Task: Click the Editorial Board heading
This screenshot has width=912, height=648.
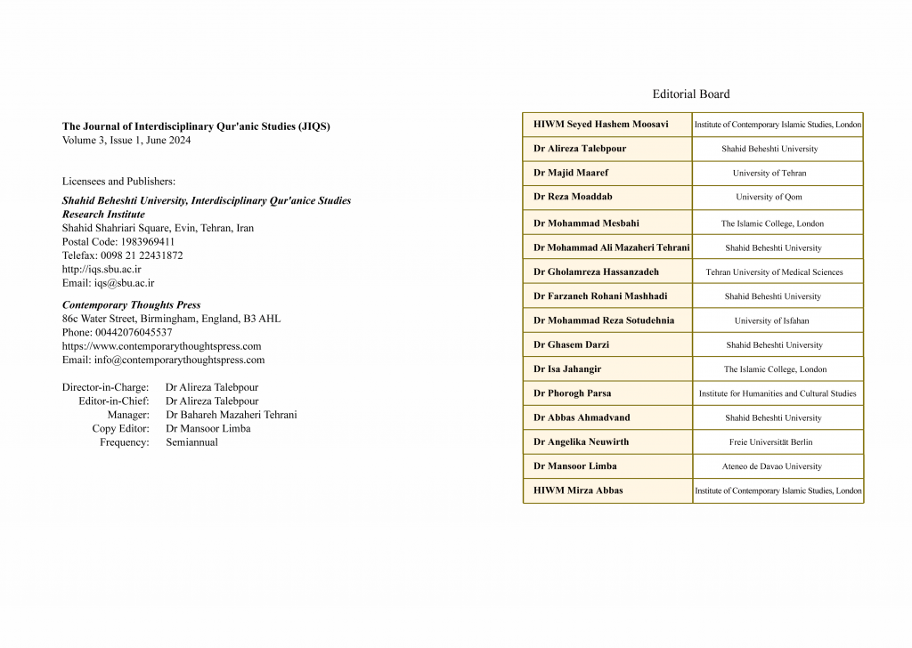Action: point(690,93)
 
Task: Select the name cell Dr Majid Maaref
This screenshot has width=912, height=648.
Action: point(571,173)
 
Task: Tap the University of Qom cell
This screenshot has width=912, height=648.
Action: point(769,197)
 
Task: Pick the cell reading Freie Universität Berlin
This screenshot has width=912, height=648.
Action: point(770,441)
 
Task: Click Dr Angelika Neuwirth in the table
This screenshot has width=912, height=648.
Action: point(581,441)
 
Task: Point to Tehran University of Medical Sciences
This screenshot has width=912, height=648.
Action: point(774,272)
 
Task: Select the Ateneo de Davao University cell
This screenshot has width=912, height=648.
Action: point(771,466)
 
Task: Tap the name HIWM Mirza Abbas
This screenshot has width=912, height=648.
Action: point(578,490)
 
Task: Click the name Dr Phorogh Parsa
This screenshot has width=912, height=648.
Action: point(572,393)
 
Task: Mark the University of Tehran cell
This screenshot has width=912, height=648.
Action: point(769,173)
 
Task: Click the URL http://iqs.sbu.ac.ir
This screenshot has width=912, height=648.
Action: point(102,269)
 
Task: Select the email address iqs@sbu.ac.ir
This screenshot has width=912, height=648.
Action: point(124,283)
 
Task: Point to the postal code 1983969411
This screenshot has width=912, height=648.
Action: point(145,241)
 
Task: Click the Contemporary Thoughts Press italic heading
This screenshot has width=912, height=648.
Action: point(131,304)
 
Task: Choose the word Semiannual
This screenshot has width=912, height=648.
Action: point(191,442)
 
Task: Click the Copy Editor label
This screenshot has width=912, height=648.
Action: point(120,428)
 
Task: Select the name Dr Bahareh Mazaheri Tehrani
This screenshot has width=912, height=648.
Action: point(231,415)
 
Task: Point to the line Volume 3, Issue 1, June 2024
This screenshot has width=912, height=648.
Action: point(126,141)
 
